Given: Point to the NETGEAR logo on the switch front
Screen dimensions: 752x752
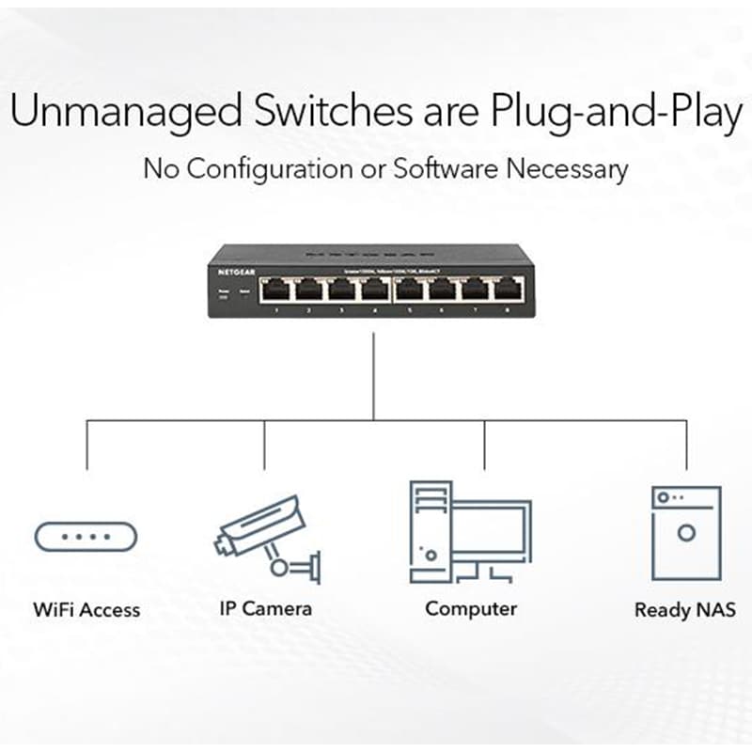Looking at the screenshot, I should point(237,272).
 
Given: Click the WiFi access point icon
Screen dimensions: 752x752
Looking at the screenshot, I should point(86,537).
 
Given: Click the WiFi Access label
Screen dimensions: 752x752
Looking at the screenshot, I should point(86,609).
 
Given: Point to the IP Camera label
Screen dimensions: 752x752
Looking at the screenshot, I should point(265,608).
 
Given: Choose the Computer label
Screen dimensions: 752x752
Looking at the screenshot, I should point(471,608).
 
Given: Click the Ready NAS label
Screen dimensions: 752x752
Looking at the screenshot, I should point(685,610).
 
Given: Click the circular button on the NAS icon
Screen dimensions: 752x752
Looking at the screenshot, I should point(686,534).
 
